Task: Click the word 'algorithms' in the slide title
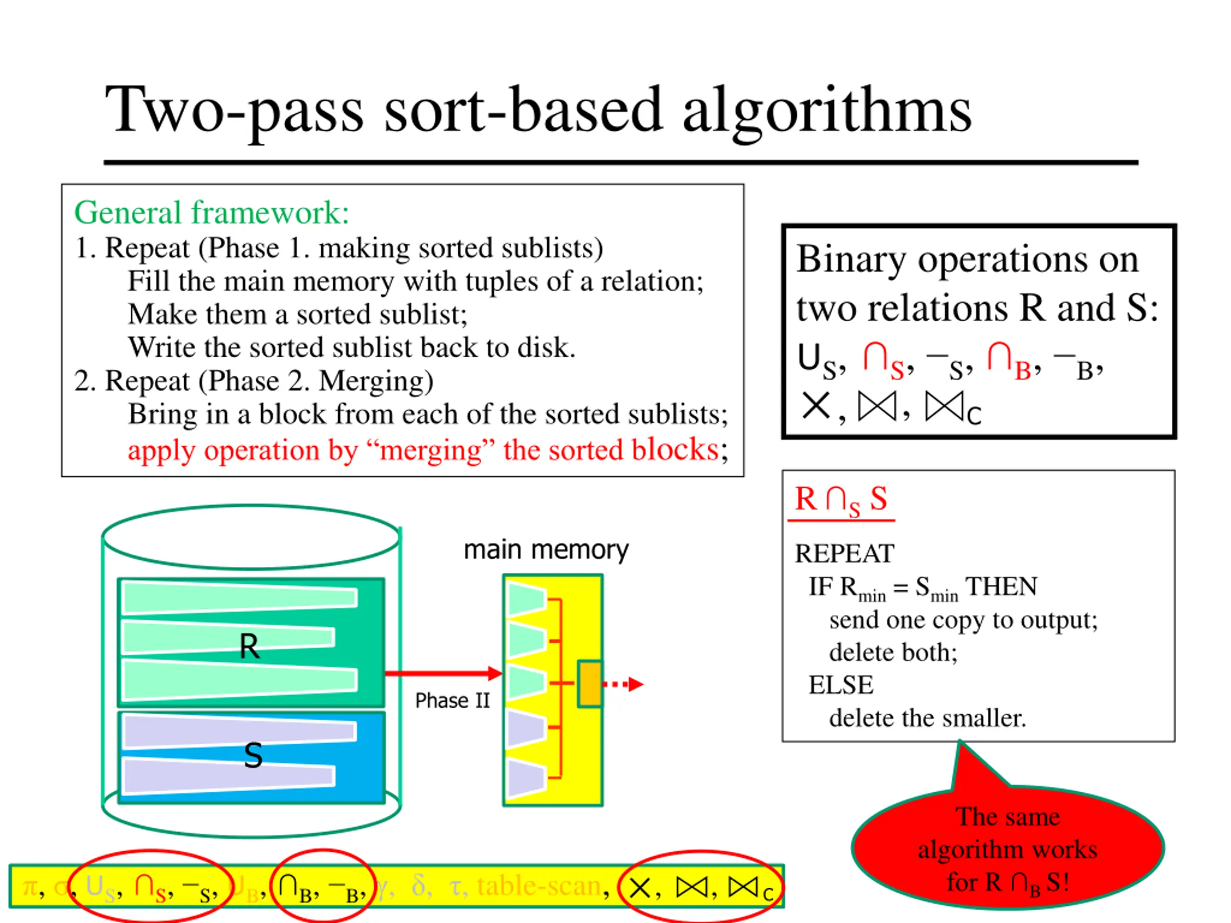coord(827,111)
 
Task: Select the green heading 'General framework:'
coord(212,213)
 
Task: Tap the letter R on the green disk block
coord(249,647)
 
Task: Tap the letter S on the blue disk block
coord(253,756)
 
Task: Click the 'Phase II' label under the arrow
coord(452,700)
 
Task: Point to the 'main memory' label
coord(546,549)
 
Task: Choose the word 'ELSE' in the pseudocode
coord(841,685)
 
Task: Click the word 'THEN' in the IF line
coord(1001,586)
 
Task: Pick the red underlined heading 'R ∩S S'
coord(841,499)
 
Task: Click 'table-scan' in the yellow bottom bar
coord(539,886)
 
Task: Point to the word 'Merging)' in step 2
coord(376,381)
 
